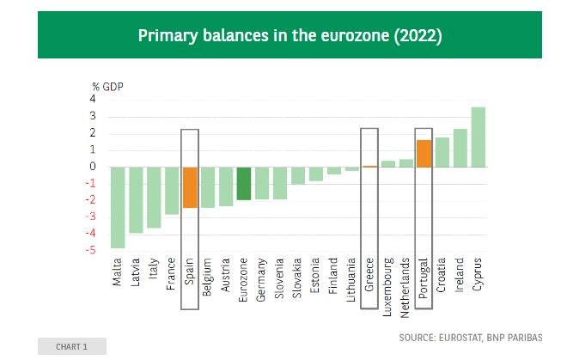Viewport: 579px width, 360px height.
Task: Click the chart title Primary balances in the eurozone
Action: click(x=289, y=35)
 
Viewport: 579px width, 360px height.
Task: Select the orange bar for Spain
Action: click(x=190, y=187)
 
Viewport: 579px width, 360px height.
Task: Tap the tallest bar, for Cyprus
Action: click(x=478, y=137)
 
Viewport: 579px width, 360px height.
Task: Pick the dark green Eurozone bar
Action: click(x=244, y=183)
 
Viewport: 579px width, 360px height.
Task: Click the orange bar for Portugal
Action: click(x=424, y=153)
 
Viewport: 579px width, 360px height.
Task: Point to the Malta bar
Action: click(x=118, y=207)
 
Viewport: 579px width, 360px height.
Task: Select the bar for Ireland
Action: click(x=460, y=148)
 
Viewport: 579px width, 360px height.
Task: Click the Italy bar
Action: click(x=154, y=197)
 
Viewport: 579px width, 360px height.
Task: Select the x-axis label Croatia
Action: click(x=442, y=276)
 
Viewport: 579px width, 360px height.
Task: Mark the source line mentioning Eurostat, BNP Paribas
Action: click(x=471, y=337)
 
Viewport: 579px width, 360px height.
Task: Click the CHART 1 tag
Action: click(x=71, y=346)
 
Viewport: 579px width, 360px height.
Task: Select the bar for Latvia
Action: click(x=136, y=199)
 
